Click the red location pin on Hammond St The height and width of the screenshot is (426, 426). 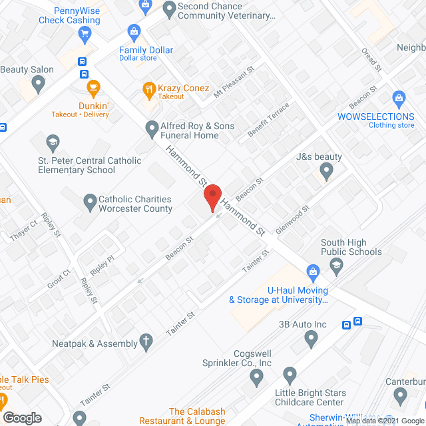212,198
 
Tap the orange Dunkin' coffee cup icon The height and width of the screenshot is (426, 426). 93,87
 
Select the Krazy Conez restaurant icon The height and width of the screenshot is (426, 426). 150,88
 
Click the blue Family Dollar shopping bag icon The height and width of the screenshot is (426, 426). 134,31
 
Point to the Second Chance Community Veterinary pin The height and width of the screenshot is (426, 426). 167,10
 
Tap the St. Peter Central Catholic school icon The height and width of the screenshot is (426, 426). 53,142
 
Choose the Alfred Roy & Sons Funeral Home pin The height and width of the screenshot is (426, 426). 151,126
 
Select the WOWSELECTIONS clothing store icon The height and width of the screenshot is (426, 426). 399,98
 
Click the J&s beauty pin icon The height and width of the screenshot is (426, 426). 325,172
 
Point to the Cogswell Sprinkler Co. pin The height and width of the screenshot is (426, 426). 257,377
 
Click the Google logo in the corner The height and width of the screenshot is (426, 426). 21,417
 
